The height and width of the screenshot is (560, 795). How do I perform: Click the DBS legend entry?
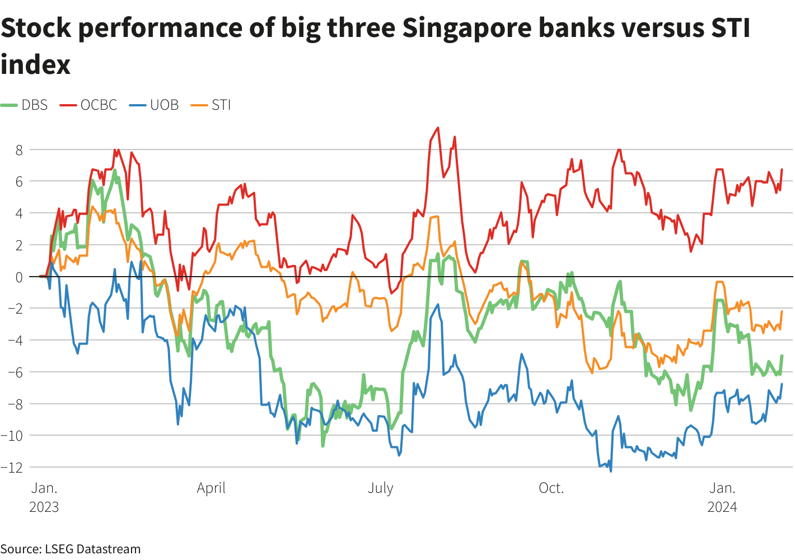pyautogui.click(x=26, y=105)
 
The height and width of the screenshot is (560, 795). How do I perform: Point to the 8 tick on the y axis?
pyautogui.click(x=19, y=150)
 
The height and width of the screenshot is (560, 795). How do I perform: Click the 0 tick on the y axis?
pyautogui.click(x=19, y=277)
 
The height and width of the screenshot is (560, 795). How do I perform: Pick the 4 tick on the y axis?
pyautogui.click(x=19, y=213)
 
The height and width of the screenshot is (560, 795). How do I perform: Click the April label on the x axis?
pyautogui.click(x=211, y=488)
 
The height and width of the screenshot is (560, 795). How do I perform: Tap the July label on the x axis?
pyautogui.click(x=381, y=488)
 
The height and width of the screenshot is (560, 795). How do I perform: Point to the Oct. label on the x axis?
pyautogui.click(x=551, y=488)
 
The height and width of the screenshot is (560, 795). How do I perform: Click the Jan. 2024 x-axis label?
pyautogui.click(x=722, y=497)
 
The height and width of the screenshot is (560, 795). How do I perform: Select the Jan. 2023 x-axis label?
pyautogui.click(x=44, y=497)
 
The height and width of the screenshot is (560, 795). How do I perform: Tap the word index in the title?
pyautogui.click(x=36, y=64)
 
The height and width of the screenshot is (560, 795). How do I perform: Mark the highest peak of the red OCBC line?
pyautogui.click(x=438, y=128)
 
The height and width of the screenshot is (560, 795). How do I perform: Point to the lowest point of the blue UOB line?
pyautogui.click(x=611, y=471)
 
